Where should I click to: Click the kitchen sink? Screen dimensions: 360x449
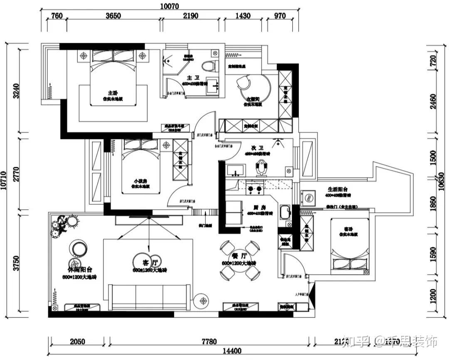(285, 213)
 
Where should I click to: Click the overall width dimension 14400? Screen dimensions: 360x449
(232, 351)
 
